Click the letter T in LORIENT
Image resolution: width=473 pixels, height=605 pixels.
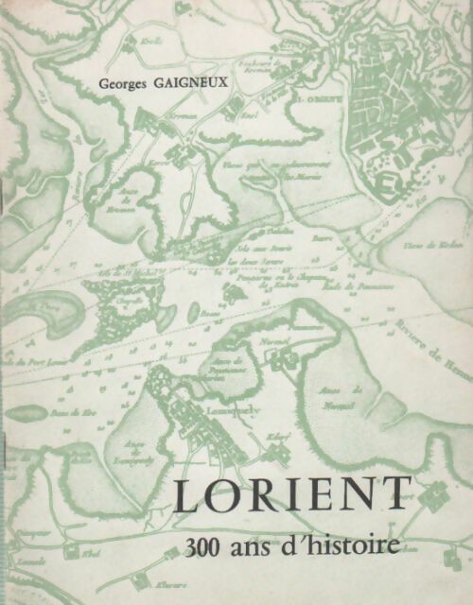click(396, 496)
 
